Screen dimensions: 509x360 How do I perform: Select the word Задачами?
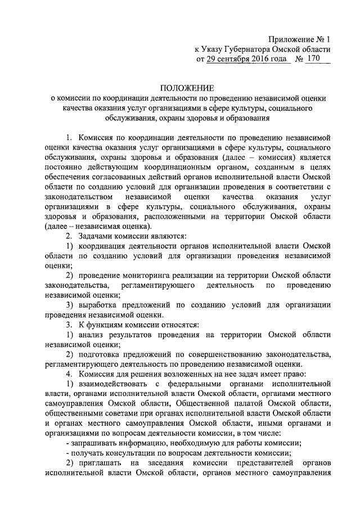tap(96, 236)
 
